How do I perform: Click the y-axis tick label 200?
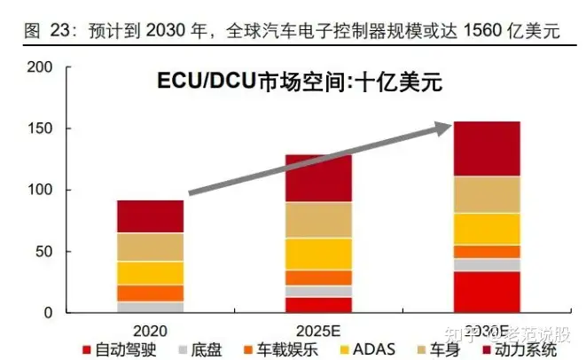pos(40,67)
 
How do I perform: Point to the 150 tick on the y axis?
pos(40,129)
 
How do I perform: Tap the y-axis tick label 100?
pos(40,190)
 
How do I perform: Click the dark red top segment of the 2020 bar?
pos(150,216)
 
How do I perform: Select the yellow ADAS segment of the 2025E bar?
pos(318,254)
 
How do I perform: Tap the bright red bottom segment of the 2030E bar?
pos(487,292)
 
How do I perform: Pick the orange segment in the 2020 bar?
pos(150,293)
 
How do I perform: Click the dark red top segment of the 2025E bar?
pos(318,178)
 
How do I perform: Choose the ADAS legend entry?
pos(364,348)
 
